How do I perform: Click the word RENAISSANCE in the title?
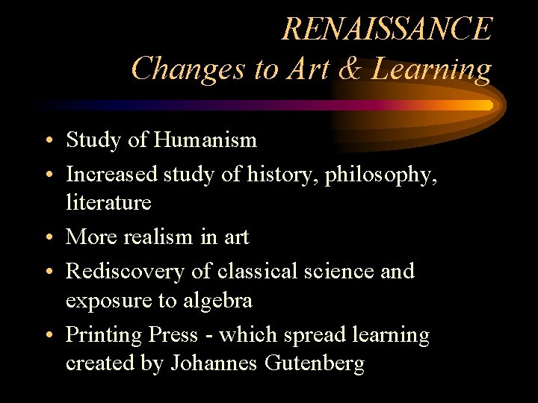coord(387,30)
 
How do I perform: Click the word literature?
coord(108,202)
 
